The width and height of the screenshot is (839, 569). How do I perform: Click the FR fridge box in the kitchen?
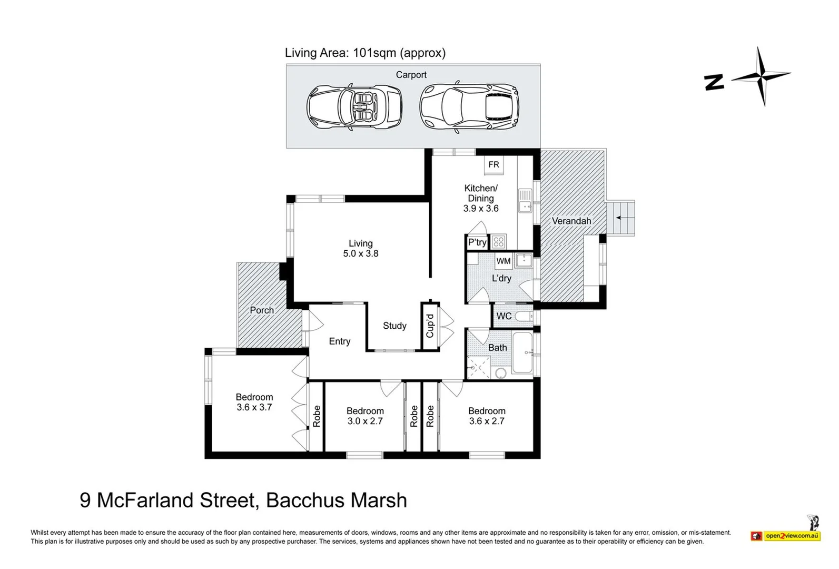(493, 165)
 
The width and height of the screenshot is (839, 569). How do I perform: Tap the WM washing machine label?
(504, 261)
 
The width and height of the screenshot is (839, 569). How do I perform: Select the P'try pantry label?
(477, 242)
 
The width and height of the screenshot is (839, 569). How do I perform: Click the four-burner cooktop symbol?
(499, 242)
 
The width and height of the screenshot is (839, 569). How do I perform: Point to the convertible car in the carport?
(354, 107)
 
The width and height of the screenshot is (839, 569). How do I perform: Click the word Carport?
(411, 75)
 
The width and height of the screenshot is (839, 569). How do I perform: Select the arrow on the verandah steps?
(621, 218)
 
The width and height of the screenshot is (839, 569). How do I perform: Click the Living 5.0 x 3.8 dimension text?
(361, 253)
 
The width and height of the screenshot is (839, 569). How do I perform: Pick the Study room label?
(394, 326)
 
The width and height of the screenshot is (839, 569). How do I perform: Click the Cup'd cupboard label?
(430, 326)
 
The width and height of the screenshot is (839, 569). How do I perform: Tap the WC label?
(504, 316)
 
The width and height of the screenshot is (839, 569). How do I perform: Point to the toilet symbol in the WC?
(524, 317)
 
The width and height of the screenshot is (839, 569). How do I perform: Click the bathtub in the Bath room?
(522, 352)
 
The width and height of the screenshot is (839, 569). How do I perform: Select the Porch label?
(262, 310)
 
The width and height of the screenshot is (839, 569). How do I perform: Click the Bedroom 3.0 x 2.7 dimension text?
(365, 421)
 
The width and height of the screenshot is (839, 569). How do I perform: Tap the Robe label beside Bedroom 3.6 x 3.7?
(317, 416)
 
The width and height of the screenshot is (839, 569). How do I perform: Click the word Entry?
(340, 341)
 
